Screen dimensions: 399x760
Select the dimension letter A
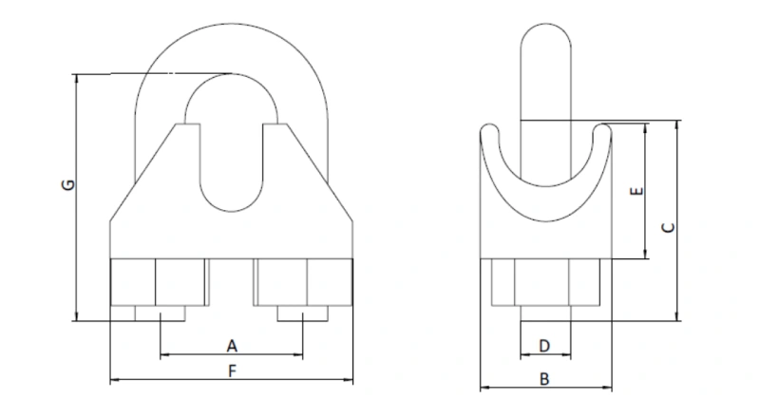pos(231,344)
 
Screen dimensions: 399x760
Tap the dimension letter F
pos(231,371)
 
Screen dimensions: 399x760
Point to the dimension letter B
pos(544,378)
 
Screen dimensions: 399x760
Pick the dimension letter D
pos(544,344)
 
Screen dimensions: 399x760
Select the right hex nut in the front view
pos(302,282)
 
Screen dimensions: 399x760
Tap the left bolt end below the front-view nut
pos(160,313)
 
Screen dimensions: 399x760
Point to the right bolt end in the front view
pos(303,313)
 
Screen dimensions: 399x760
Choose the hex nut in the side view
pos(544,283)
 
